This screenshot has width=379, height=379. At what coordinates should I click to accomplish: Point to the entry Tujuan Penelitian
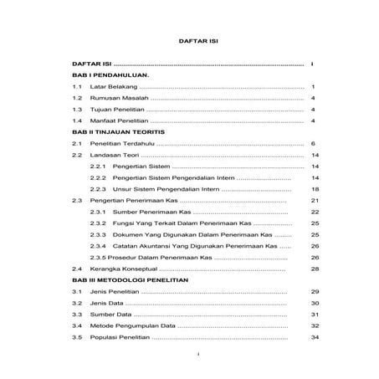117,110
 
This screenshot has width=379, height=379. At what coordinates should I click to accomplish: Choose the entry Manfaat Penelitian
119,121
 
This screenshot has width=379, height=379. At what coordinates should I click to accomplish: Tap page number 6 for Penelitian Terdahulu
311,144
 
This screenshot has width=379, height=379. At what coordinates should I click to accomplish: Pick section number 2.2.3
98,190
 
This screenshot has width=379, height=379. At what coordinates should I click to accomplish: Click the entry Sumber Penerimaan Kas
151,213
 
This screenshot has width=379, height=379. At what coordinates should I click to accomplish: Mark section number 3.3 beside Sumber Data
76,315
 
